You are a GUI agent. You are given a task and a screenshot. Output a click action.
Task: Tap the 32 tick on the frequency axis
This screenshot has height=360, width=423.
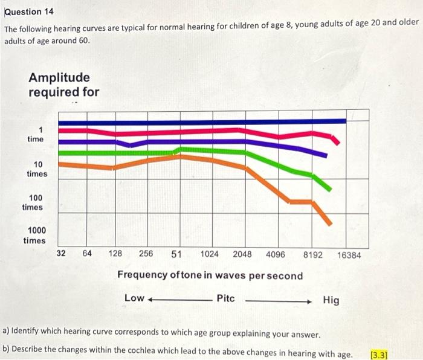(x=61, y=254)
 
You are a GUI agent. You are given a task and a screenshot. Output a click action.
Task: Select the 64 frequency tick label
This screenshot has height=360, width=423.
(x=87, y=254)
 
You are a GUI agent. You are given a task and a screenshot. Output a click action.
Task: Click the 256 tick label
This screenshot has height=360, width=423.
(x=146, y=254)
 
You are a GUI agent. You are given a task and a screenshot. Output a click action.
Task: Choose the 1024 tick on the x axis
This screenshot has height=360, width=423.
(x=209, y=254)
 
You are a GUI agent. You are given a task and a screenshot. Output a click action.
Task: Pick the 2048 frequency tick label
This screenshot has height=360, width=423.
(x=242, y=254)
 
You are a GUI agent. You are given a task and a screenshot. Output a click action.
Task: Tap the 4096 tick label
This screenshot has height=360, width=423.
(x=275, y=254)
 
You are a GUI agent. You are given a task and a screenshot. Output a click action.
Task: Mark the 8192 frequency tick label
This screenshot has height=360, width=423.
(x=313, y=254)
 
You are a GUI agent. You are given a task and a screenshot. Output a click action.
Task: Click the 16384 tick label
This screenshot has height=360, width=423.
(x=349, y=255)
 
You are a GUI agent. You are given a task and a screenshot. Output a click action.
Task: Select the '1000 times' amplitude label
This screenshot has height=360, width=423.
(x=34, y=236)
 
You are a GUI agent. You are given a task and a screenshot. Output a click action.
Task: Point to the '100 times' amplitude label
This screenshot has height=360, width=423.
(x=33, y=202)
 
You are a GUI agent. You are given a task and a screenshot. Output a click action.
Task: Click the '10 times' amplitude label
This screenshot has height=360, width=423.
(x=37, y=169)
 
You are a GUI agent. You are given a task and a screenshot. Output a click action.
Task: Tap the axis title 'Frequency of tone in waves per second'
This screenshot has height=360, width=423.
(x=210, y=275)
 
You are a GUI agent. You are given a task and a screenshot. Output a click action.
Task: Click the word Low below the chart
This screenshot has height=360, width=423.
(x=134, y=298)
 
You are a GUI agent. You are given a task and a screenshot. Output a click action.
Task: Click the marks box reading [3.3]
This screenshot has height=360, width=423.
(x=379, y=354)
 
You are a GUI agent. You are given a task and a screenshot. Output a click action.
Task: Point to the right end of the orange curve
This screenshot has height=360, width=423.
(x=329, y=223)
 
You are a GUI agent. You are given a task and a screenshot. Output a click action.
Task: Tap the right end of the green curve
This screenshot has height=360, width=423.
(x=329, y=188)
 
